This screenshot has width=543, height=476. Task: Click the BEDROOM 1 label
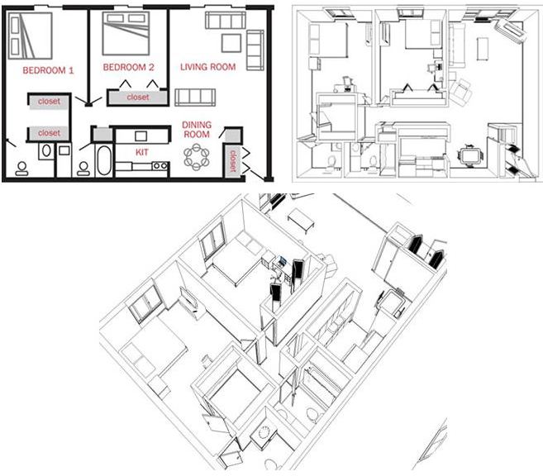click(x=49, y=70)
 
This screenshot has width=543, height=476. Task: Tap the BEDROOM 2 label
click(x=129, y=67)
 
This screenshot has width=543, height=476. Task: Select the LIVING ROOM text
click(x=207, y=67)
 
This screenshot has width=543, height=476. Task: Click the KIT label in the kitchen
click(x=141, y=152)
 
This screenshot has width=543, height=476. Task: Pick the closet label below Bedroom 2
click(x=138, y=98)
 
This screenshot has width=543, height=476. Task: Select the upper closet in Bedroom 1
click(x=49, y=102)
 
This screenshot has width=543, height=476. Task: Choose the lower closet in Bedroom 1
click(x=49, y=132)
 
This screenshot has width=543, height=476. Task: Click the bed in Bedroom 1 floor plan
click(x=31, y=32)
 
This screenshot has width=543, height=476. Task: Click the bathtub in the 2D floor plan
click(x=103, y=160)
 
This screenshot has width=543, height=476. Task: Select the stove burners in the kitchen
click(x=160, y=166)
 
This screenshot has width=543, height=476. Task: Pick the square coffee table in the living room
click(x=232, y=43)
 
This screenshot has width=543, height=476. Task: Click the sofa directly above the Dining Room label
click(x=195, y=96)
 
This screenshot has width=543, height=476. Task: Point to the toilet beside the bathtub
click(x=83, y=166)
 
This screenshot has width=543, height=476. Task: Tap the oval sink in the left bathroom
click(x=45, y=151)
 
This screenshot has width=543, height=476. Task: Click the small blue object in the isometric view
click(x=283, y=261)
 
